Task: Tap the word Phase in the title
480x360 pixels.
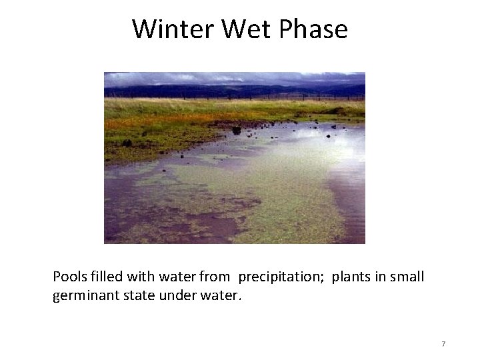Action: pyautogui.click(x=313, y=29)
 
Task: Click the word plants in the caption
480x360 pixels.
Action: pyautogui.click(x=351, y=277)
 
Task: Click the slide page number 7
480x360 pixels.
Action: pyautogui.click(x=443, y=344)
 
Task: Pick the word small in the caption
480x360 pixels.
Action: pyautogui.click(x=407, y=277)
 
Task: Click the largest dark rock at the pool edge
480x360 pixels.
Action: pyautogui.click(x=236, y=130)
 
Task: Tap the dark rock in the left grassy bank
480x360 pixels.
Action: pyautogui.click(x=127, y=143)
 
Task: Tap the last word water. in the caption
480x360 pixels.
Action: pyautogui.click(x=221, y=295)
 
